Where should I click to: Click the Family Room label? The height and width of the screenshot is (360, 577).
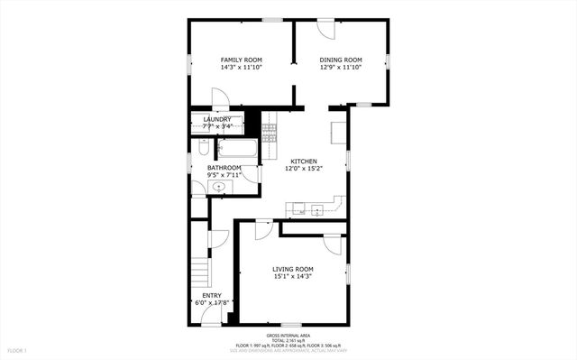click(x=241, y=60)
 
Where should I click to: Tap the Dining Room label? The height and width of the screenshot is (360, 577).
click(x=341, y=60)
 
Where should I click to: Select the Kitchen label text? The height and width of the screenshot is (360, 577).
click(x=303, y=162)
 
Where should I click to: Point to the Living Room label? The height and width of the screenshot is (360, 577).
click(x=293, y=269)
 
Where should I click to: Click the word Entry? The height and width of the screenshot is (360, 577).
click(x=212, y=295)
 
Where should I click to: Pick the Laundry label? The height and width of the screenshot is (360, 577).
click(x=217, y=119)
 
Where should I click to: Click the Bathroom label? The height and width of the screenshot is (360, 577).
click(x=224, y=167)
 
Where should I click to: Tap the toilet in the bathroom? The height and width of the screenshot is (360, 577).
click(x=205, y=146)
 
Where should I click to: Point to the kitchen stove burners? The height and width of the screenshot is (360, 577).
click(x=269, y=132)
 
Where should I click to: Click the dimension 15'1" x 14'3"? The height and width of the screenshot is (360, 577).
click(x=293, y=277)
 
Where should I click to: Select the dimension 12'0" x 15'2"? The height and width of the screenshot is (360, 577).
click(x=303, y=169)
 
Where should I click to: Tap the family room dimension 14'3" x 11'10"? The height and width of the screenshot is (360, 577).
click(x=241, y=68)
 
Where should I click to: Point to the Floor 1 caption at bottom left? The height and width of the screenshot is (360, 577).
click(x=17, y=350)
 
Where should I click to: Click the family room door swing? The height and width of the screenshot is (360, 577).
click(x=220, y=98)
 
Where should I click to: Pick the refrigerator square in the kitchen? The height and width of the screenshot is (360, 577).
click(x=338, y=132)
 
